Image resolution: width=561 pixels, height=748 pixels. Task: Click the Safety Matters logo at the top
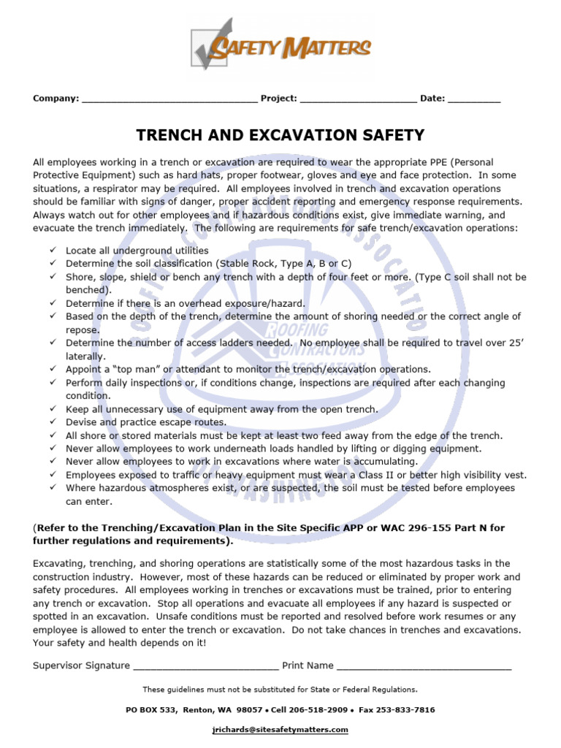280,45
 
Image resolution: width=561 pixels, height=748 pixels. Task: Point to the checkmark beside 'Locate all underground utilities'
53,251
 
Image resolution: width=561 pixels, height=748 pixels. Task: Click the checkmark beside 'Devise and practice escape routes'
53,422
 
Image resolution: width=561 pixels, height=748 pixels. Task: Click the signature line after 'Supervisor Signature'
205,666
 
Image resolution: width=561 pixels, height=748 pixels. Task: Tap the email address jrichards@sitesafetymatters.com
280,730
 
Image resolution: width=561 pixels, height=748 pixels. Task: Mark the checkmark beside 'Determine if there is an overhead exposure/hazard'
53,303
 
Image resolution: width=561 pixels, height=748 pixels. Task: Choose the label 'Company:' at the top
56,99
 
